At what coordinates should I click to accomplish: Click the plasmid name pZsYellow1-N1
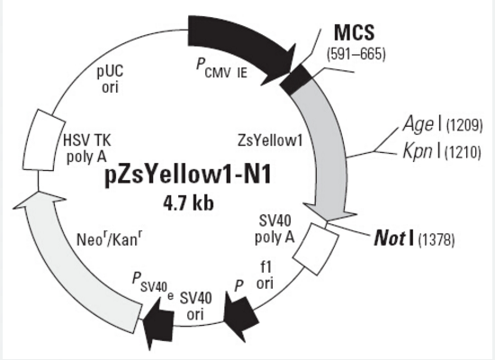click(x=187, y=175)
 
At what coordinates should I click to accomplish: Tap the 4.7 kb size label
click(x=188, y=203)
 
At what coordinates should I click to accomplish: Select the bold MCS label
click(x=355, y=32)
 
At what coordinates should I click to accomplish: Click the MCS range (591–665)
click(x=356, y=54)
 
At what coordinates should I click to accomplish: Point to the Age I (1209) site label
click(x=443, y=124)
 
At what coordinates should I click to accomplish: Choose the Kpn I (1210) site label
click(x=442, y=151)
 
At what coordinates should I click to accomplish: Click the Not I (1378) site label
click(x=414, y=239)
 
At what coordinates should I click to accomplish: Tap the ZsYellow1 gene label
click(x=270, y=140)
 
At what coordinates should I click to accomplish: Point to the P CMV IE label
click(x=221, y=68)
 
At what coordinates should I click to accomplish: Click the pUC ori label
click(x=110, y=79)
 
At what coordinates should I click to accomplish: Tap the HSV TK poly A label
click(x=86, y=148)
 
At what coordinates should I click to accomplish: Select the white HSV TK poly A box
click(x=42, y=140)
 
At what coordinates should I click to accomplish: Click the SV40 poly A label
click(x=274, y=229)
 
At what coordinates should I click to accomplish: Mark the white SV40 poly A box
click(x=316, y=248)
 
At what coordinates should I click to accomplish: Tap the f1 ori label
click(x=265, y=276)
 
